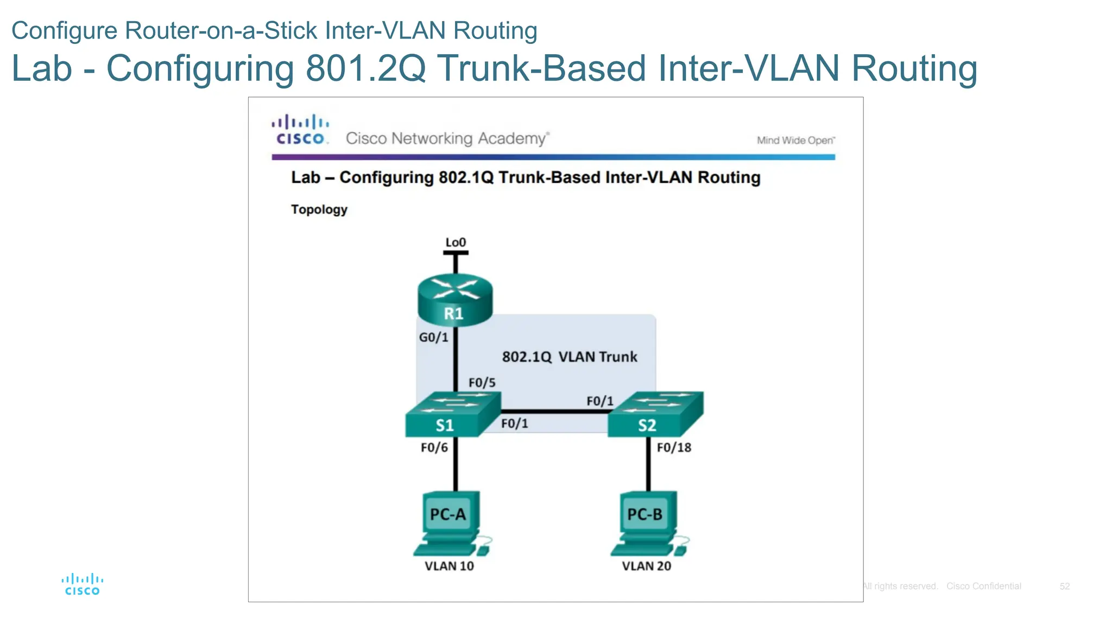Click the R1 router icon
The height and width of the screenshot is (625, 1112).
pos(455,300)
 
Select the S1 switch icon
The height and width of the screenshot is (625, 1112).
pos(452,415)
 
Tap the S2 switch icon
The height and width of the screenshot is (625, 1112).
pos(655,415)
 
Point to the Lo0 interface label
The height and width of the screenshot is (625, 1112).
pos(456,243)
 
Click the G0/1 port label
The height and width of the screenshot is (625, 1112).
pos(433,337)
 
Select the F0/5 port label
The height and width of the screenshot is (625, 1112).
pos(482,382)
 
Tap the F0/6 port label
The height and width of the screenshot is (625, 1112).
pos(434,448)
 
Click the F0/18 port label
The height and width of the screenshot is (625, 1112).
pos(674,448)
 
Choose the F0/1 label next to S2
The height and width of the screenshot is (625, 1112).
pos(599,401)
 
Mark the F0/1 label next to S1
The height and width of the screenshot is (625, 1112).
pos(514,423)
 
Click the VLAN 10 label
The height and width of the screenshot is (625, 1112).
pos(449,566)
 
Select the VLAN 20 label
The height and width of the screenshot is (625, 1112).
pos(646,566)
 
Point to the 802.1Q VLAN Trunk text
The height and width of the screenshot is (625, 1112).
pos(569,356)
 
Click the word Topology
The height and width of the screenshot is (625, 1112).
pos(319,209)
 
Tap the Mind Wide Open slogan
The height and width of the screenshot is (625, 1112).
pos(795,141)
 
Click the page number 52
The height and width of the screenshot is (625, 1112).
pos(1064,586)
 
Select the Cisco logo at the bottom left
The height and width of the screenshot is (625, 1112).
pos(82,584)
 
